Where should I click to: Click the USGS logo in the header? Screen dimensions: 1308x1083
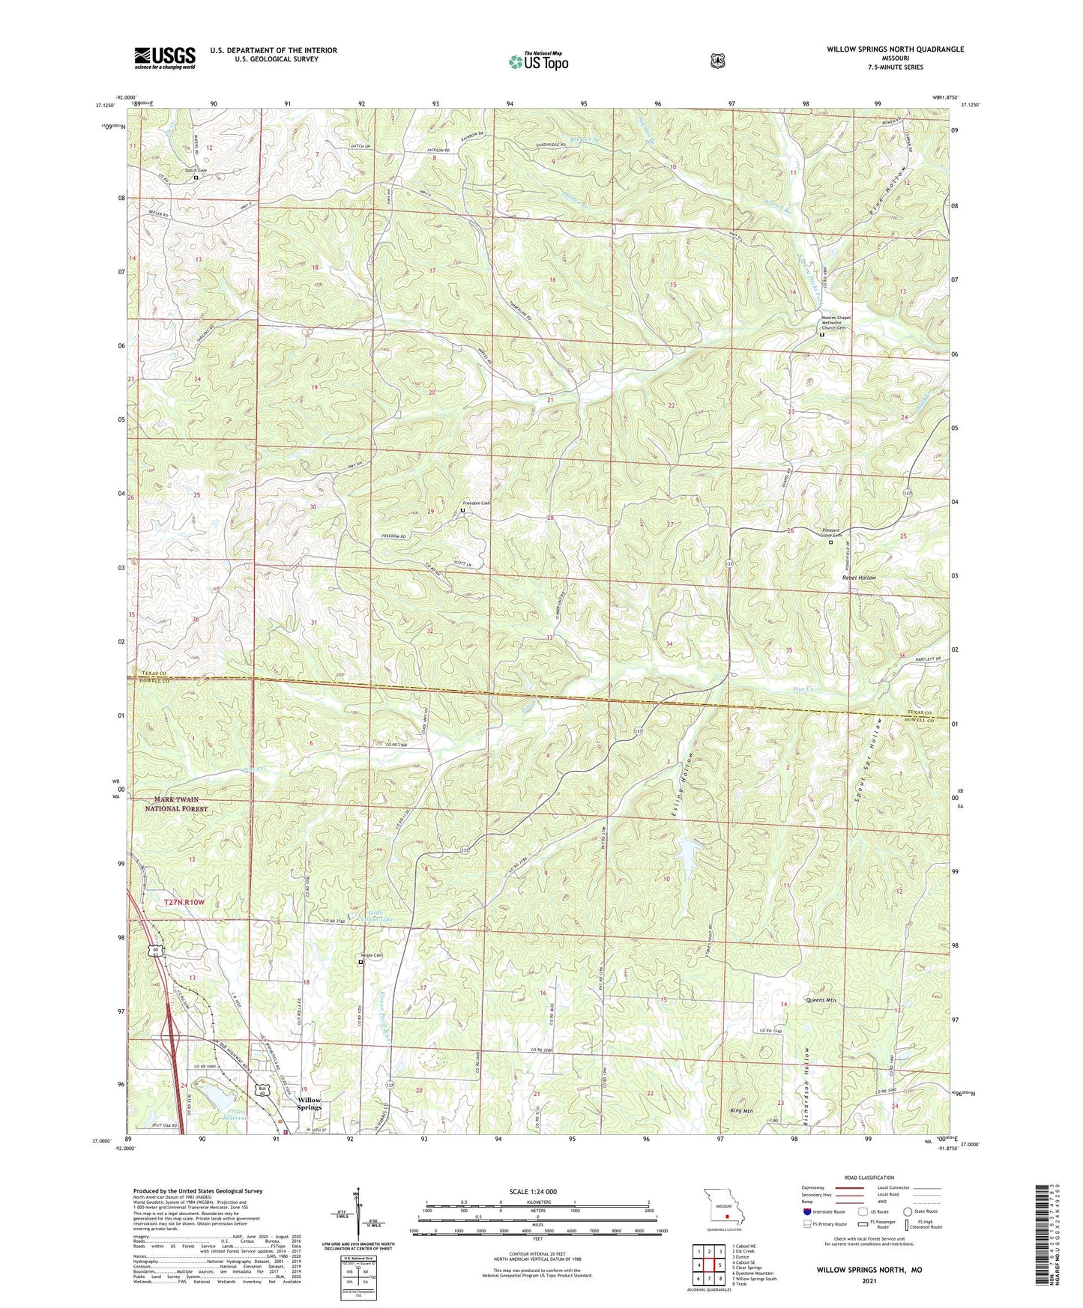point(165,58)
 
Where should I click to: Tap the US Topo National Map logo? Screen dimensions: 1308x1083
point(537,61)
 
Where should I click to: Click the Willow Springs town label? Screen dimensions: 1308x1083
point(309,1103)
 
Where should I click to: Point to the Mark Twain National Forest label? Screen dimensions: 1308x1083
point(176,805)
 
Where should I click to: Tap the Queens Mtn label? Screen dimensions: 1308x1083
point(820,1000)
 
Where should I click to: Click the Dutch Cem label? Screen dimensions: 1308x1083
point(196,171)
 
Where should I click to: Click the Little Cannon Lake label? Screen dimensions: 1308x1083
point(374,915)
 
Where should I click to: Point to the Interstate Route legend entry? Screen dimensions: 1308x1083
point(823,1211)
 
